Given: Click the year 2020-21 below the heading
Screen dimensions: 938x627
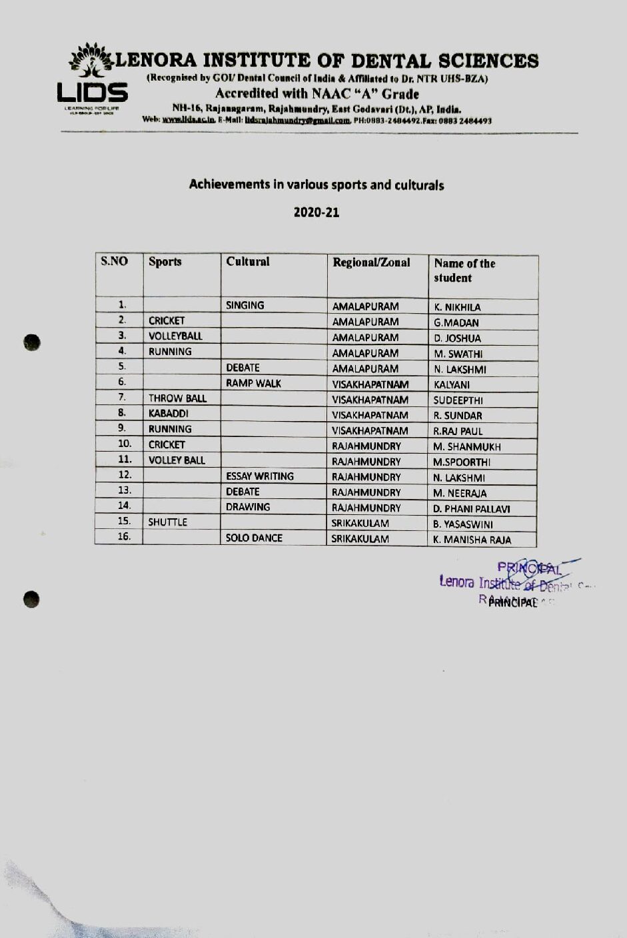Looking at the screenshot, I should coord(316,213).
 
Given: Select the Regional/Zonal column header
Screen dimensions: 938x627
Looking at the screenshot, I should coord(371,262).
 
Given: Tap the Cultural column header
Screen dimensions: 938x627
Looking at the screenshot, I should coord(248,262).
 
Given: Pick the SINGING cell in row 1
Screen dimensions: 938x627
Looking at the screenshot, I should coord(245,306).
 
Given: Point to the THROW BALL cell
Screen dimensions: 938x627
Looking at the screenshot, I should coord(177,398).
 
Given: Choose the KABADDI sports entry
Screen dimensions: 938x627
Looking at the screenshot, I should coord(169,414).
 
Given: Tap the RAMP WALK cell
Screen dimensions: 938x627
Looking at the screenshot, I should coord(253,383).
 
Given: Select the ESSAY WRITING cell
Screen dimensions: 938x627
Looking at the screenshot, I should coord(260,476).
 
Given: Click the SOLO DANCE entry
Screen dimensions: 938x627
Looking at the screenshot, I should coord(254,538).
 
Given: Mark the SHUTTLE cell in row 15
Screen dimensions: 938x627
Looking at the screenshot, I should coord(168,522).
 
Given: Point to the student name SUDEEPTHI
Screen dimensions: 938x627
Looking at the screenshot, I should coord(458,400).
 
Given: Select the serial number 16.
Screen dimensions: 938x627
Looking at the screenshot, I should coord(124,536).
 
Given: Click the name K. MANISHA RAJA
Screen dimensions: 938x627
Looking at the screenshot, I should coord(472,540).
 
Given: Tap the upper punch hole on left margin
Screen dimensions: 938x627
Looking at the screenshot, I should coord(31,342).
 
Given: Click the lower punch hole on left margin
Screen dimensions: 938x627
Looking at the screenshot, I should coord(31,599).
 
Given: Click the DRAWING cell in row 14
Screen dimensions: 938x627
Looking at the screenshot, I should coord(248,507).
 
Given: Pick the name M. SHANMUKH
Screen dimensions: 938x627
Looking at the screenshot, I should coord(467,447).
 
